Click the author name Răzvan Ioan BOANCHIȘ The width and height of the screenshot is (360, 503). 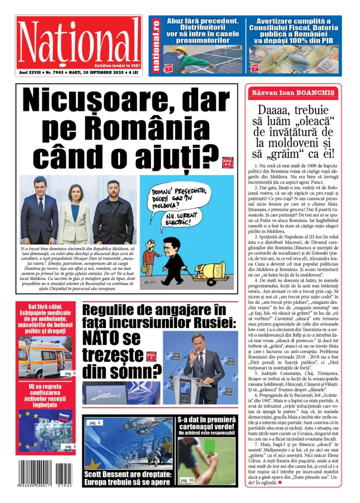[x=293, y=93]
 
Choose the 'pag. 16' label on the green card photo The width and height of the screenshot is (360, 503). [x=187, y=480]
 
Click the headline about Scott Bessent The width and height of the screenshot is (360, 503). [x=127, y=478]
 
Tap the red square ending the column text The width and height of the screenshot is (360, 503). [x=280, y=482]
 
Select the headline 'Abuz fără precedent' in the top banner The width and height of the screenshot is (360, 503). [x=206, y=22]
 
